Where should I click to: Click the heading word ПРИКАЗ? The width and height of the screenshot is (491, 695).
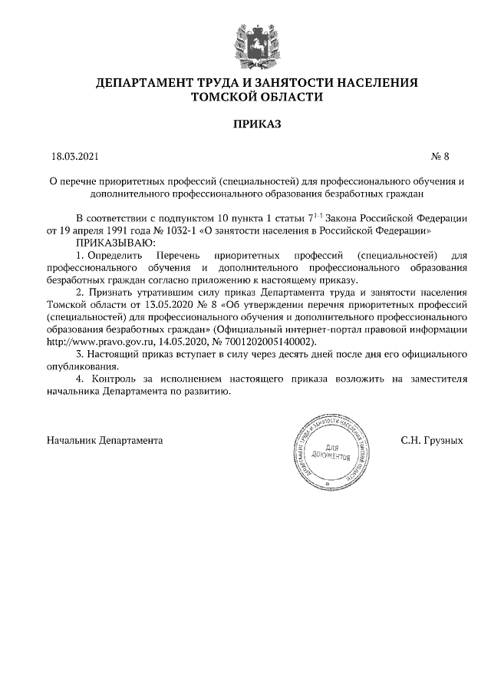(245, 123)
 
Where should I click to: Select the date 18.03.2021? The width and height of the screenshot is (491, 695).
(75, 157)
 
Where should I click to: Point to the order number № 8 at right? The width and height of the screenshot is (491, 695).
(440, 157)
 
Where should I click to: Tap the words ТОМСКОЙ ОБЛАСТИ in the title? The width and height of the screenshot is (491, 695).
(246, 97)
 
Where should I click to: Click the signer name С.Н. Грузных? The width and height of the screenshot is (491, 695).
(432, 442)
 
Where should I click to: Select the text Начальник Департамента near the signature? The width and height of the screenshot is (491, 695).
(105, 442)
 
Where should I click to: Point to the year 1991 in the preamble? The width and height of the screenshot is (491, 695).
(116, 230)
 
